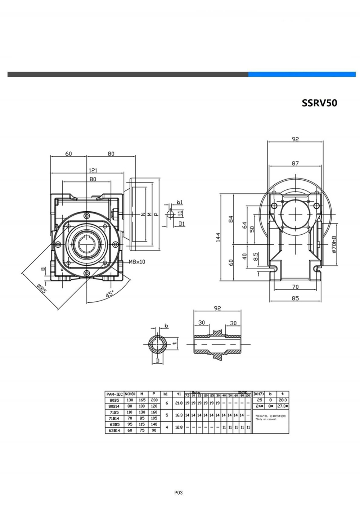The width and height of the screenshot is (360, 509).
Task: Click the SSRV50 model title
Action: click(319, 103)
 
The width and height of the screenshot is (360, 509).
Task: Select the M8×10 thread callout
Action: click(137, 262)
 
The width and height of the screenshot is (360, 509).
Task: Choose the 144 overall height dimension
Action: click(219, 238)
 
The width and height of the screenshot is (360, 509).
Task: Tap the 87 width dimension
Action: click(295, 163)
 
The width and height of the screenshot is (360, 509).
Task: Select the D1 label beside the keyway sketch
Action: click(182, 224)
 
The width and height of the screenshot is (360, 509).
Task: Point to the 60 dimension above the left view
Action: click(68, 154)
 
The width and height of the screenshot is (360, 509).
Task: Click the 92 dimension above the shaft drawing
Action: click(217, 308)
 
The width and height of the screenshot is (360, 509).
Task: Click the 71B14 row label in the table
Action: click(114, 418)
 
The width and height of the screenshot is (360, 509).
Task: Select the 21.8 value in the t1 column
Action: click(178, 403)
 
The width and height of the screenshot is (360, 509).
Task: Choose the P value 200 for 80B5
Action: click(154, 400)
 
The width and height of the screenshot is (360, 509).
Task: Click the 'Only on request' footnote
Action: click(266, 419)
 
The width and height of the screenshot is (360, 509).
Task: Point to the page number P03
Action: click(178, 493)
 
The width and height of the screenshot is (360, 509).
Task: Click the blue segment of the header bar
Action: click(302, 74)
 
